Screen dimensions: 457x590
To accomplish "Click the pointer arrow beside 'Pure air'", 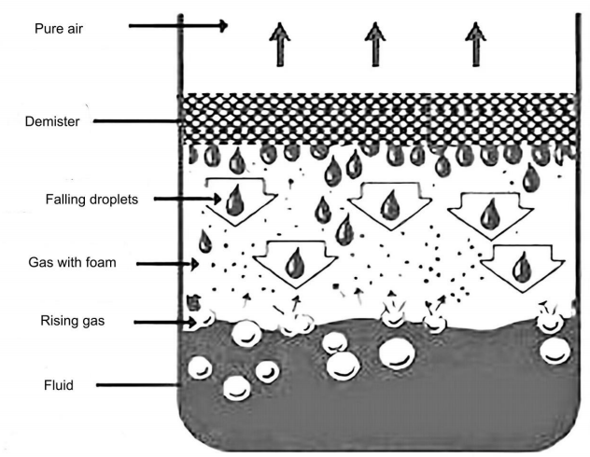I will click(177, 26).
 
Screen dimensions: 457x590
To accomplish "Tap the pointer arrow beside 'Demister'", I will click(140, 121).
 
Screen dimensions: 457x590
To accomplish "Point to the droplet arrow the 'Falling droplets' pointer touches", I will click(232, 199).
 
